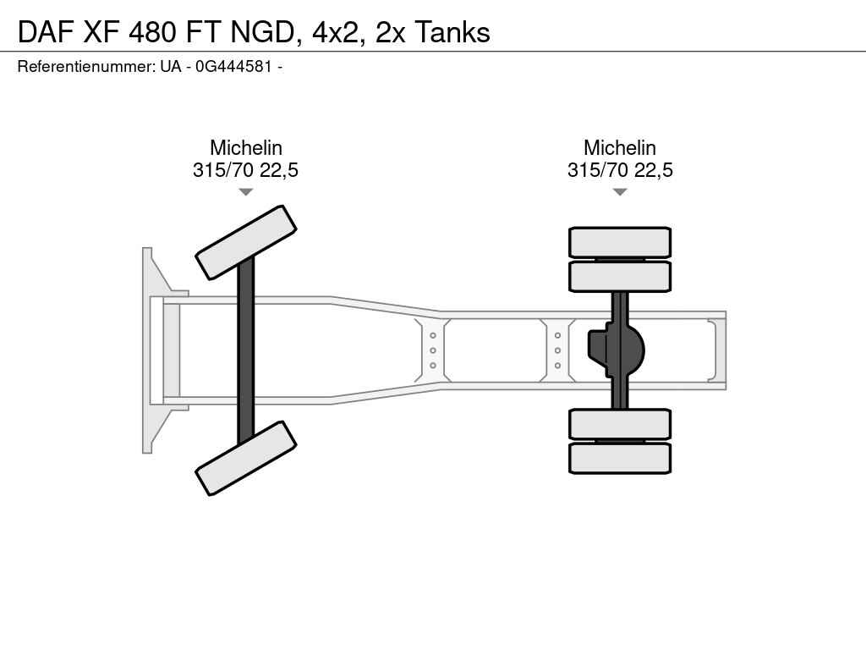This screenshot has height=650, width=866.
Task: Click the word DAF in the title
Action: pos(47,32)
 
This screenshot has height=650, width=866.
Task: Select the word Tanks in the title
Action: pos(452,32)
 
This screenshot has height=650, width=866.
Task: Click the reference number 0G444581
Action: pos(233,66)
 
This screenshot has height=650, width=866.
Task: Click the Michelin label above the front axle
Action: pos(246,147)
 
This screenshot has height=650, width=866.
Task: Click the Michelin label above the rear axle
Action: pos(620,147)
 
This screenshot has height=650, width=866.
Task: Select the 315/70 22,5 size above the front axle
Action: pos(246,169)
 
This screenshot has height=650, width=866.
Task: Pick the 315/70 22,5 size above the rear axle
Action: pos(620,169)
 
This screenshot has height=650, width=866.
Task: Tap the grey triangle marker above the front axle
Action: pos(246,192)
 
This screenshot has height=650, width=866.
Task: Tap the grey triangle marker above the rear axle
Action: pos(620,192)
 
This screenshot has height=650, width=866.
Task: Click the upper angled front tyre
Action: pos(246,243)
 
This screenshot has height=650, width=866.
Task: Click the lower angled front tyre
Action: pos(246,458)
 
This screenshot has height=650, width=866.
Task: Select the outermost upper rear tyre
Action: pos(620,242)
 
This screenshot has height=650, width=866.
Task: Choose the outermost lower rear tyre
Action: pos(620,458)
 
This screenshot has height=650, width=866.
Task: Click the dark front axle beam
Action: pos(246,350)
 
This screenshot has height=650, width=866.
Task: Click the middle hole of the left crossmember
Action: pos(433,350)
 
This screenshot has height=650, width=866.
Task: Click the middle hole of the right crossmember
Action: pos(558,350)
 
